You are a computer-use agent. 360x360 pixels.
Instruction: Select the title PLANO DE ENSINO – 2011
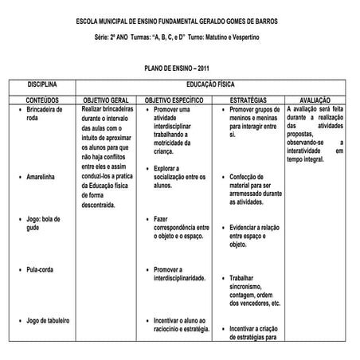(x=180, y=70)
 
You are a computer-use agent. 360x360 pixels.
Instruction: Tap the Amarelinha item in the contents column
(x=41, y=176)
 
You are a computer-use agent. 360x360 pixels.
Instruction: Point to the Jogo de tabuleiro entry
(x=48, y=321)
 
